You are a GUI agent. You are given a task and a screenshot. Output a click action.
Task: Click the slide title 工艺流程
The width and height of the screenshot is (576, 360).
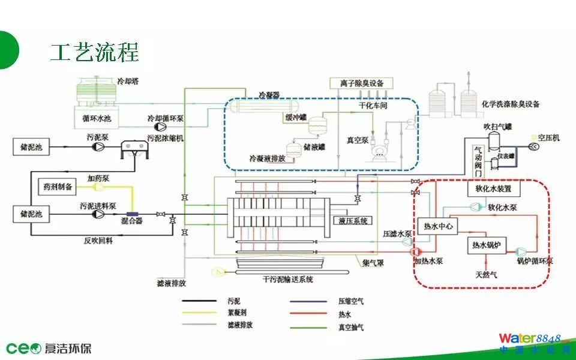coord(94,53)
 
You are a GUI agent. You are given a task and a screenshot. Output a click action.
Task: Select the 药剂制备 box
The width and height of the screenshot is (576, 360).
coord(57,187)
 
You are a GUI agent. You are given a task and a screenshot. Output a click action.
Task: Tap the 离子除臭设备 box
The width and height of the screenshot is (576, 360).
coord(357,83)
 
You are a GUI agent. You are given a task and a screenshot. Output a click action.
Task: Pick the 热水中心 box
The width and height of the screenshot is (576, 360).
coord(437,226)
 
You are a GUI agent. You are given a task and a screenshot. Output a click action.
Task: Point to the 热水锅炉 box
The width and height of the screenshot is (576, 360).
coord(487,245)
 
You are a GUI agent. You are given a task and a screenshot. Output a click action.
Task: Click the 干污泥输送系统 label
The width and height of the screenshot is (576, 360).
coord(288,279)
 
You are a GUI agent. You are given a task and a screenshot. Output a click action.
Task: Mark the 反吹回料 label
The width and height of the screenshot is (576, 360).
coord(98,239)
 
